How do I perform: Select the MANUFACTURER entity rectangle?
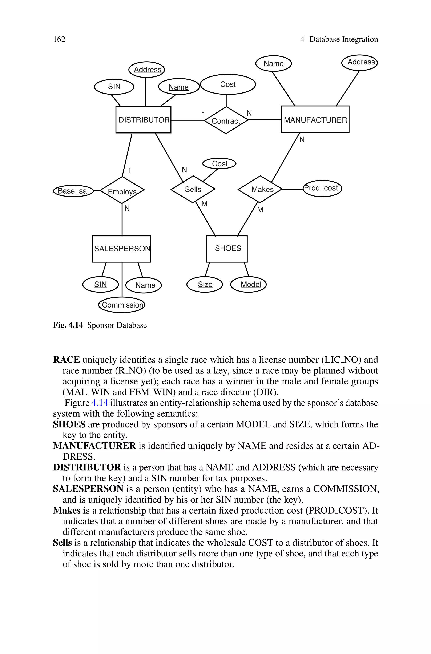(x=315, y=119)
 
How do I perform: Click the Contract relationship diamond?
(x=226, y=120)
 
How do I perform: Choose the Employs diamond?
(x=122, y=190)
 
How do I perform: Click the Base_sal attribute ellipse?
(x=73, y=191)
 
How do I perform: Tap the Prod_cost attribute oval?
(x=322, y=188)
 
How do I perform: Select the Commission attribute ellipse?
(x=122, y=305)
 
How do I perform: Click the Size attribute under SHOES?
(x=205, y=284)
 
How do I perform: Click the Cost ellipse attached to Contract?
(x=228, y=84)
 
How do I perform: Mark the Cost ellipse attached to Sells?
(x=219, y=164)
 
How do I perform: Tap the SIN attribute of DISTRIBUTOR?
(x=114, y=87)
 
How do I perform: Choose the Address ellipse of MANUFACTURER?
(x=359, y=62)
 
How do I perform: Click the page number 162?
(x=59, y=39)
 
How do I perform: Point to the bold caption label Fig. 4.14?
(x=68, y=325)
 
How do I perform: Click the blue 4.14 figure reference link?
(x=100, y=403)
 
